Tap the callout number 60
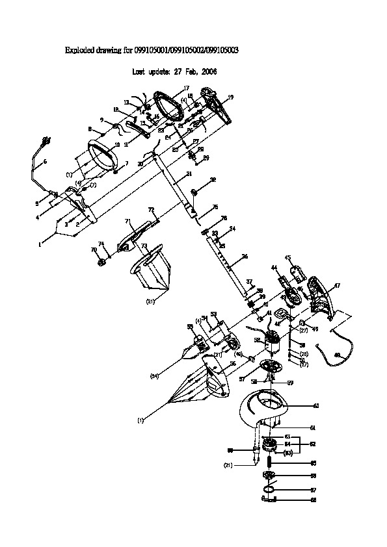[x=316, y=405]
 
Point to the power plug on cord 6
[x=46, y=140]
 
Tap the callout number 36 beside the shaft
[x=245, y=257]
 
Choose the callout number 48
[x=337, y=355]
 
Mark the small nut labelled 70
[x=102, y=261]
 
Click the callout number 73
[x=144, y=246]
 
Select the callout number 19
[x=230, y=97]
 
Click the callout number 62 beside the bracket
[x=313, y=444]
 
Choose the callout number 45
[x=287, y=257]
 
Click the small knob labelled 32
[x=194, y=192]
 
